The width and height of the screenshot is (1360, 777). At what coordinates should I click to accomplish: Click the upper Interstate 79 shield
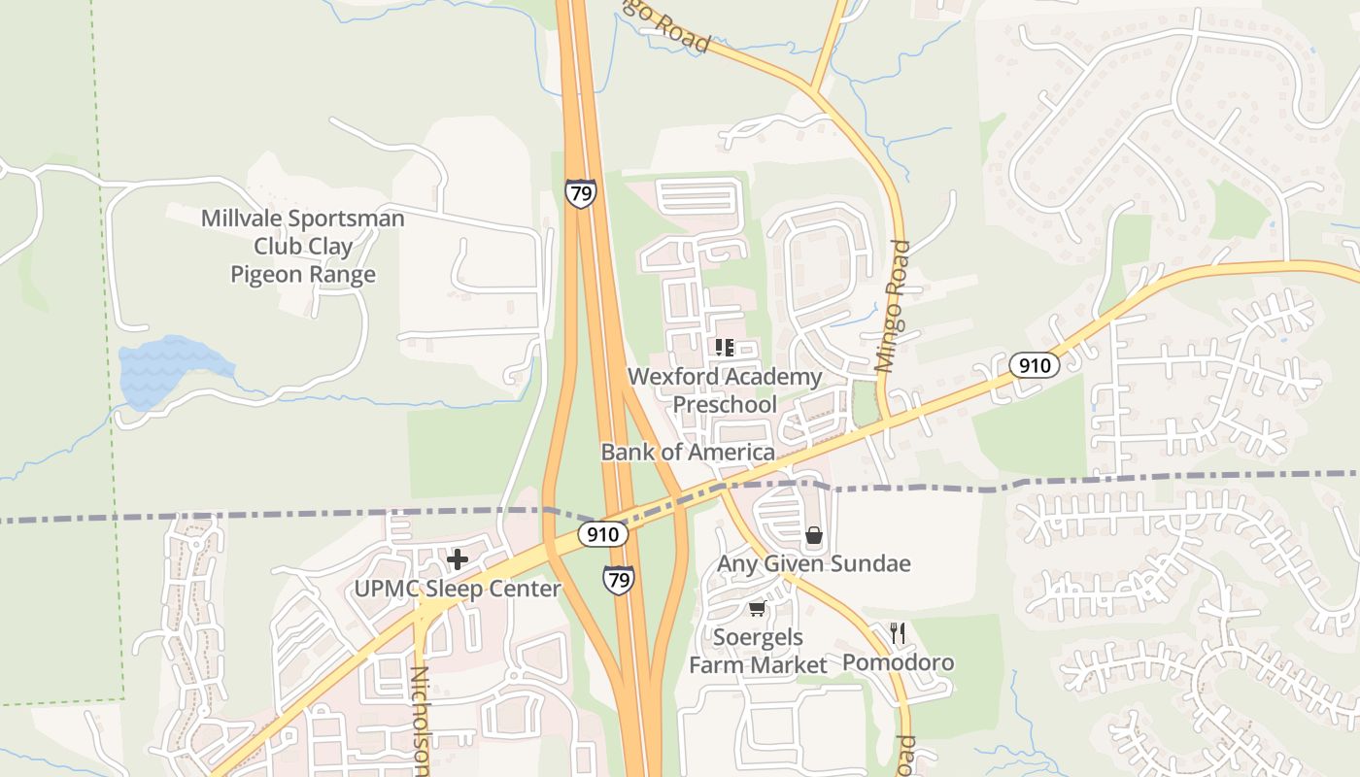point(580,193)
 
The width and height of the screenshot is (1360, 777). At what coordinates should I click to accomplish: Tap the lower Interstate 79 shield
point(619,580)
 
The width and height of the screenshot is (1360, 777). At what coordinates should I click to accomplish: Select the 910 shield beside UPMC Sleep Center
point(603,534)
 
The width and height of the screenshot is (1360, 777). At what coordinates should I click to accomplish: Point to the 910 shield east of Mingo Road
point(1035,365)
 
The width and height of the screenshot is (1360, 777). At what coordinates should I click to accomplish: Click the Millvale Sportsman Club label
point(302,247)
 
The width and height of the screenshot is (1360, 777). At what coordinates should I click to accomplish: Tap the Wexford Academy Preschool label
point(725,389)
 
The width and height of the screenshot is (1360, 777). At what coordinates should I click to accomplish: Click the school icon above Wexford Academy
point(724,348)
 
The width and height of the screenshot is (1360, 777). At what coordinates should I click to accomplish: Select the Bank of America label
point(688,452)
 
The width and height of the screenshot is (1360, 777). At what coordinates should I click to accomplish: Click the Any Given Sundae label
point(813,563)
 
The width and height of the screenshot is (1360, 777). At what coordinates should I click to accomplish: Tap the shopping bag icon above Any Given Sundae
point(814,535)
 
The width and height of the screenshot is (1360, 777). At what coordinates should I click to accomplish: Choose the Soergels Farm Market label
point(758,651)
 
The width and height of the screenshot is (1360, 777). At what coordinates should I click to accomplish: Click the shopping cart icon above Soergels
point(757,609)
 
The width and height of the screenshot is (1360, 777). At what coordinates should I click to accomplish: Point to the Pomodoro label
point(898,662)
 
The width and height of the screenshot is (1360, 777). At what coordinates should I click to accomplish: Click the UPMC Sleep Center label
point(457,589)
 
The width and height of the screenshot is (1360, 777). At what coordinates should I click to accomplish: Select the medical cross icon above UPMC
point(457,559)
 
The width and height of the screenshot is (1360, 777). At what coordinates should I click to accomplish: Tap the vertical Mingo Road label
point(893,307)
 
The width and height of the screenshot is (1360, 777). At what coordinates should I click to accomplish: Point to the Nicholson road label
point(420,721)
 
